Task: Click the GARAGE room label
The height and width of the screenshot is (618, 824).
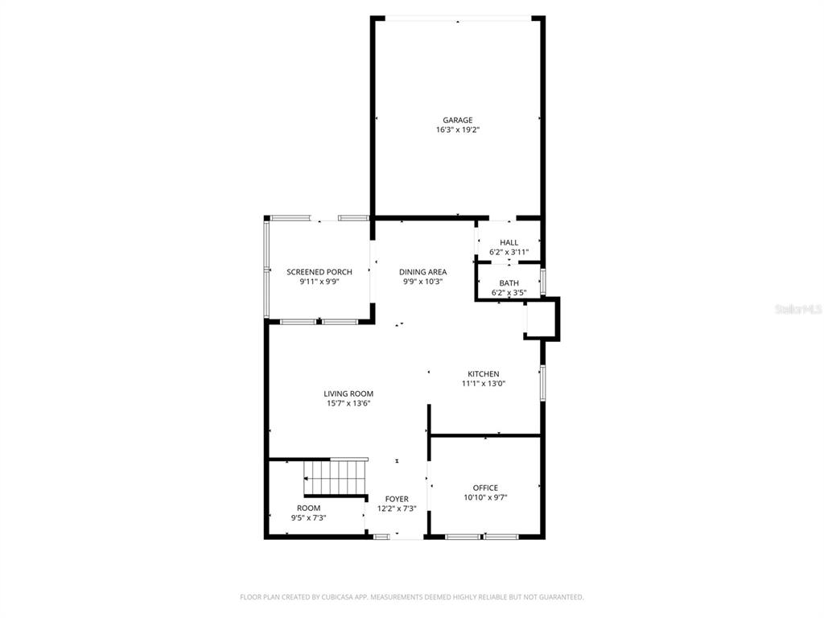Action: (457, 121)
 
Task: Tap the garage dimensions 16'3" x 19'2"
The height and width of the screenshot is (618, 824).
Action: (458, 130)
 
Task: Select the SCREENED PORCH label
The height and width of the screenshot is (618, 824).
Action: (319, 272)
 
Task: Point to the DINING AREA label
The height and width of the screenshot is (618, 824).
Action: (423, 272)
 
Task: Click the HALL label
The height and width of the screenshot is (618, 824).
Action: (509, 243)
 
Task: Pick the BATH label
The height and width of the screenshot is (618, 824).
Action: (509, 283)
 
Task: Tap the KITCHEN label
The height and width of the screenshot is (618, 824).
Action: (484, 374)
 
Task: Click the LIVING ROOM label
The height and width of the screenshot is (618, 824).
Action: (348, 393)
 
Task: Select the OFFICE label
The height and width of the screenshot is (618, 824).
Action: (485, 488)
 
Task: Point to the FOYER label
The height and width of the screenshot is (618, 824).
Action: (397, 499)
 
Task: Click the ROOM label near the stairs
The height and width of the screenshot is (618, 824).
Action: (308, 509)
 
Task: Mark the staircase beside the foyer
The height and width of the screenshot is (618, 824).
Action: (336, 477)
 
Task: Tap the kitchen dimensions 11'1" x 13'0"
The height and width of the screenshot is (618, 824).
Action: (484, 384)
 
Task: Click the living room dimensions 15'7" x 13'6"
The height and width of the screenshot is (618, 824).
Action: (348, 404)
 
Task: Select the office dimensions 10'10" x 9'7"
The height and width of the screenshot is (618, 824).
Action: (485, 497)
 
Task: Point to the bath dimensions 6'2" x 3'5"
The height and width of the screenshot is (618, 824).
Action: (509, 293)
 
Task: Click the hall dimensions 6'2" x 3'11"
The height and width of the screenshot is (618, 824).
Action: (509, 252)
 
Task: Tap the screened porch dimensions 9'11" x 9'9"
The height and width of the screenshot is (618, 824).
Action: (319, 282)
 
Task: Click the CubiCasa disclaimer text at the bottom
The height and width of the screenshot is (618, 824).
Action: (411, 597)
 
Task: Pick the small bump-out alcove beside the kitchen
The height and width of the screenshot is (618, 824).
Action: (542, 319)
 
